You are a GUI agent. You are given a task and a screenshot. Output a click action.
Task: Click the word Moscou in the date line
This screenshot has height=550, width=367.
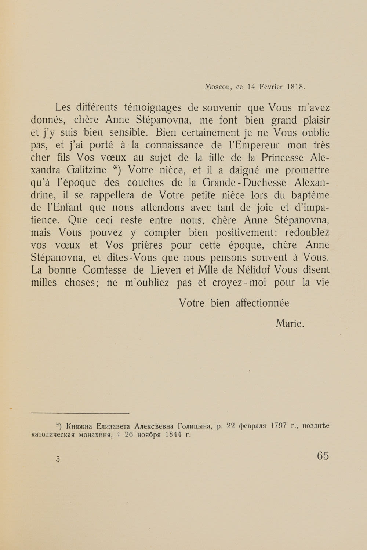pyautogui.click(x=217, y=87)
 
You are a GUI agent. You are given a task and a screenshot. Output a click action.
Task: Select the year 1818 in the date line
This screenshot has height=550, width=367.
pyautogui.click(x=296, y=87)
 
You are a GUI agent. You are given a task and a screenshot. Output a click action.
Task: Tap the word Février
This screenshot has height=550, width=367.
pyautogui.click(x=271, y=87)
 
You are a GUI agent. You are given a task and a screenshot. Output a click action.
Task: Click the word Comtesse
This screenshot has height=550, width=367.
pyautogui.click(x=112, y=270)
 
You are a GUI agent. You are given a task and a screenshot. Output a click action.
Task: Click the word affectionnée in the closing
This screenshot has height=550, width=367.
pyautogui.click(x=262, y=303)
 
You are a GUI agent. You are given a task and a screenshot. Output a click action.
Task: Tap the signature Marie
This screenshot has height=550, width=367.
pyautogui.click(x=290, y=323)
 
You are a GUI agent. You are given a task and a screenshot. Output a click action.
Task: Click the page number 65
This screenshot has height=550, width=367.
pyautogui.click(x=323, y=456)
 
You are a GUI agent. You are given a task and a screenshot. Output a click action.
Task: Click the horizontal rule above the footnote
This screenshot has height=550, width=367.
pyautogui.click(x=81, y=413)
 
